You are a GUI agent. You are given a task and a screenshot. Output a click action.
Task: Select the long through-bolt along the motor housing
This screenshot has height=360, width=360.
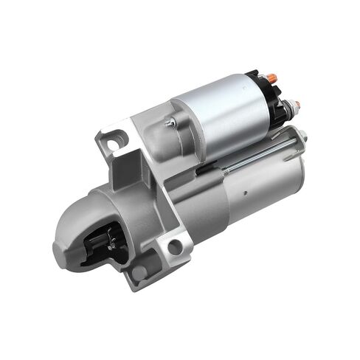pos(258,159)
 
